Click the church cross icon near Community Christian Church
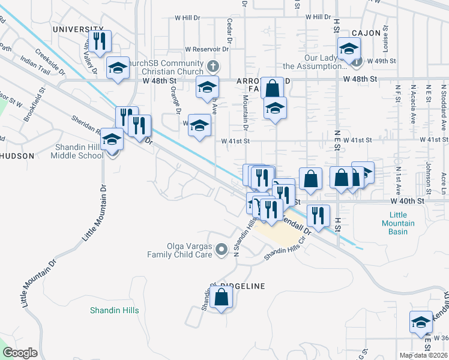click(211, 65)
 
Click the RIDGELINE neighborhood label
click(238, 286)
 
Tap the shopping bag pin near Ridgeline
click(221, 296)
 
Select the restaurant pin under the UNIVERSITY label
click(100, 41)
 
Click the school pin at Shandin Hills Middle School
click(112, 140)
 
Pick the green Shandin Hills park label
click(114, 310)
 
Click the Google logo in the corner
click(20, 353)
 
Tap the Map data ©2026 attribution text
click(424, 355)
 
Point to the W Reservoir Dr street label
click(208, 49)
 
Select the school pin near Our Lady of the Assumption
click(349, 49)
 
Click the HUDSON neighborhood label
click(17, 155)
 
